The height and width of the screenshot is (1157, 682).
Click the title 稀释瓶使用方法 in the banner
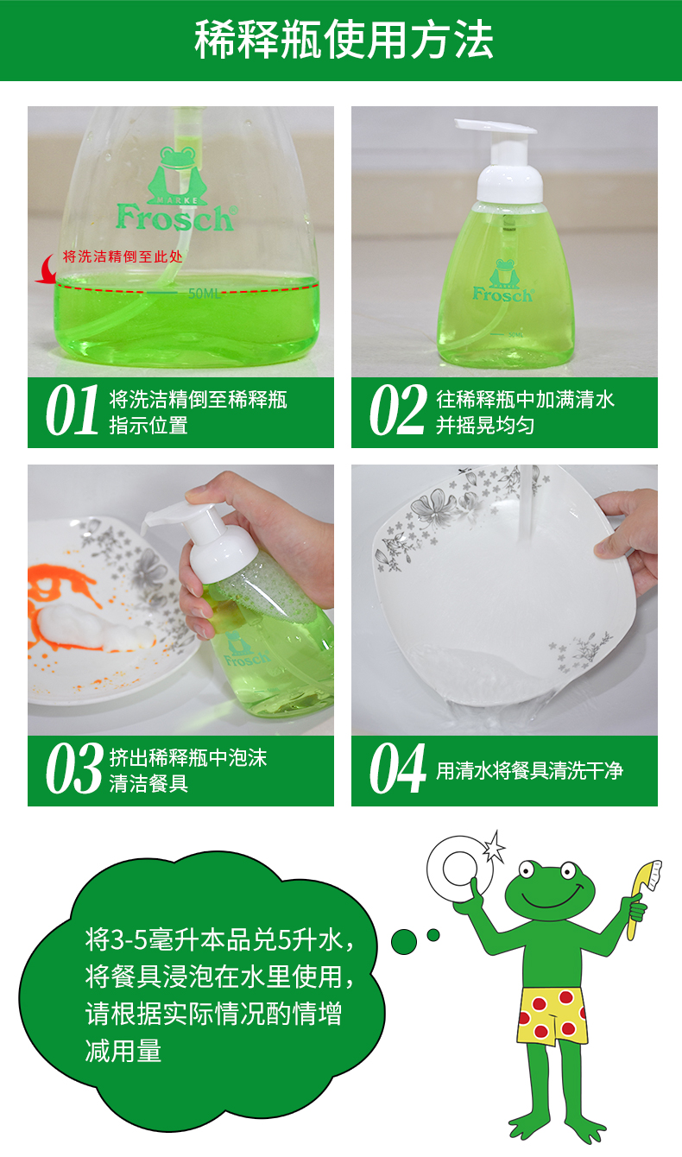(344, 40)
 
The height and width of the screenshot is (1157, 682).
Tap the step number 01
(73, 411)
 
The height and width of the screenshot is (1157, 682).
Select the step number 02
(397, 411)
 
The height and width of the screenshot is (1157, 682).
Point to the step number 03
(74, 768)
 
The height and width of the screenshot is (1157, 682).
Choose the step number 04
(397, 768)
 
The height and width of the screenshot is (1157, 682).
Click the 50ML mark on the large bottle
(204, 294)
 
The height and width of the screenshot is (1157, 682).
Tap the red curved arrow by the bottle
(46, 269)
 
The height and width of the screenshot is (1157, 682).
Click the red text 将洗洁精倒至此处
(123, 256)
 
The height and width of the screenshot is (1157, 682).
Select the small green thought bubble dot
(433, 935)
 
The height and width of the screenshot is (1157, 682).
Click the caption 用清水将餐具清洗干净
(530, 771)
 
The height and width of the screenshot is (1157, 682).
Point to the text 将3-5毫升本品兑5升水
(220, 939)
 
